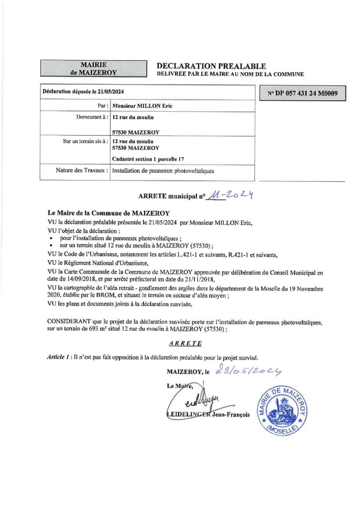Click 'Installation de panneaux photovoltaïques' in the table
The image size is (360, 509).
tap(163, 170)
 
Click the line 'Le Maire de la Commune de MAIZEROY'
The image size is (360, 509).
tap(108, 213)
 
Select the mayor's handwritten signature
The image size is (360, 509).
tap(191, 400)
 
